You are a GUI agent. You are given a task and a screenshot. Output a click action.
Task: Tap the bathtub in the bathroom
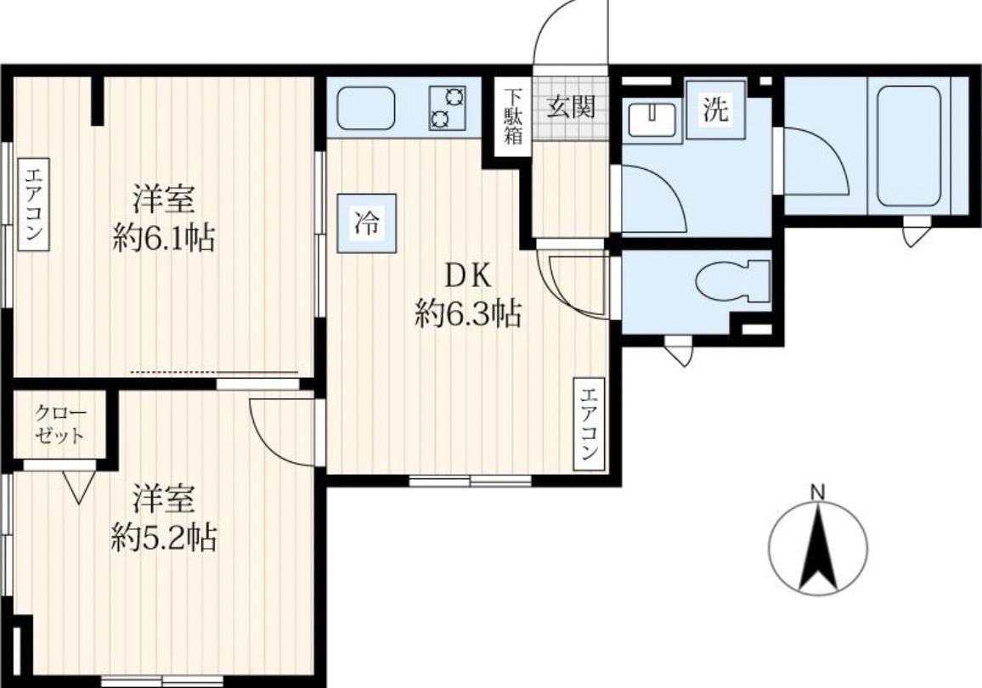[909, 146]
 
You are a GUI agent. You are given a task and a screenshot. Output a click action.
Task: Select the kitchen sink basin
[366, 108]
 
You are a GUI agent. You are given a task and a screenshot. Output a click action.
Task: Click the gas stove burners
[447, 108]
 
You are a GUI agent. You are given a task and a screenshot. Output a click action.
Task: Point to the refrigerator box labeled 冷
[367, 223]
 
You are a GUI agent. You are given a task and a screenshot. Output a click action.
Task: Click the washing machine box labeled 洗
[716, 110]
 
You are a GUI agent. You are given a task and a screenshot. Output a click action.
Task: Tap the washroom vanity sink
[652, 118]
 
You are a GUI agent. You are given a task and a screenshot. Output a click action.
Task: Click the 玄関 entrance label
[571, 108]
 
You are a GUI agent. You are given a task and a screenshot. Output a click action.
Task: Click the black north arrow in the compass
[819, 547]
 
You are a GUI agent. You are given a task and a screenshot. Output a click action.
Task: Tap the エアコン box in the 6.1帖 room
[33, 204]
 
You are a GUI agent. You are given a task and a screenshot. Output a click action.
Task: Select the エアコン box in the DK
[590, 424]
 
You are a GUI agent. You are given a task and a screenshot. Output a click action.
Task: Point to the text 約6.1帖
[164, 238]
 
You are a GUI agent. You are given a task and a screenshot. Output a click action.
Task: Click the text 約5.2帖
[164, 537]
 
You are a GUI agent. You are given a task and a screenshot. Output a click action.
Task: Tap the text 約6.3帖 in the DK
[468, 313]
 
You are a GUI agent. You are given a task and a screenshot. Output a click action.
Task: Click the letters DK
[468, 276]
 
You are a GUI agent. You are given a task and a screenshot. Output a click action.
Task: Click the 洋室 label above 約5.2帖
[164, 499]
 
